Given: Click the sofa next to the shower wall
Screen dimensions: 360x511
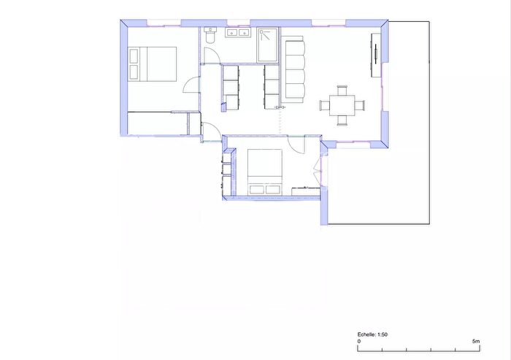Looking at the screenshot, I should pos(294,68).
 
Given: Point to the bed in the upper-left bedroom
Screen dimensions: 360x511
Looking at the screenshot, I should pos(153,63).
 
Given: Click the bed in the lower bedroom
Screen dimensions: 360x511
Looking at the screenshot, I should pos(265,172).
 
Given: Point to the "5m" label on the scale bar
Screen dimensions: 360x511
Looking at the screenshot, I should pos(476,341).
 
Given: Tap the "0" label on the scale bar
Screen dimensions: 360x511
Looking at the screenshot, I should pos(358,341).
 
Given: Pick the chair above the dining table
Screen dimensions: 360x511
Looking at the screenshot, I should pos(342,91).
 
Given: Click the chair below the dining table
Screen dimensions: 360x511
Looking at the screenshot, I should pos(342,119).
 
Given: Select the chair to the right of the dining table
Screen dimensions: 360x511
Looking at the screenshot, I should pos(360,104).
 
